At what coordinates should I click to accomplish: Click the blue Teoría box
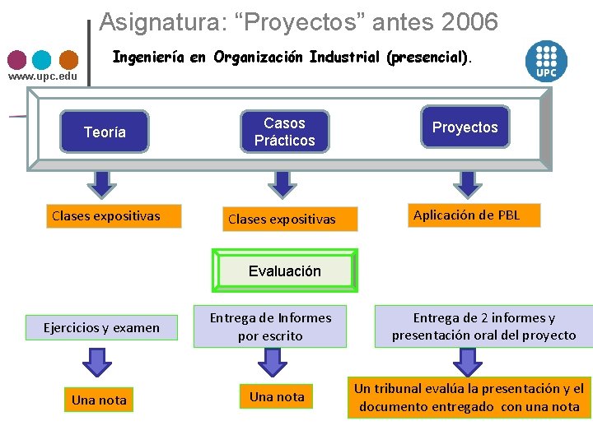pos(105,132)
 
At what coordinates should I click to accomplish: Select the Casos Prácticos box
pos(284,132)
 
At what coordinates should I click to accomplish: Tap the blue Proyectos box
pos(465,127)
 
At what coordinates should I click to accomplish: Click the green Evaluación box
pos(284,271)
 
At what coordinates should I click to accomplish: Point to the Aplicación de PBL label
pos(466,215)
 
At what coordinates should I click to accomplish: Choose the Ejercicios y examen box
pos(101,327)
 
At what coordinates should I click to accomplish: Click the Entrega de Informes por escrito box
pos(270,326)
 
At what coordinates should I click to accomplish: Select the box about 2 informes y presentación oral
pos(483,326)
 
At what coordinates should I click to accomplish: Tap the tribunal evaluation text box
pos(469,397)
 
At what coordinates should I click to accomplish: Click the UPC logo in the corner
pos(547,60)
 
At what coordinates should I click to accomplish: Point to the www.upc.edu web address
pos(43,76)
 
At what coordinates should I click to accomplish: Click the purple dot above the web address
pos(16,59)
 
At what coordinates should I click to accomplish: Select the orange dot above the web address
pos(68,59)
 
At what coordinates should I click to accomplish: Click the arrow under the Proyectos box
pos(467,183)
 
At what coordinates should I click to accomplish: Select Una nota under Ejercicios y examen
pos(99,400)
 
